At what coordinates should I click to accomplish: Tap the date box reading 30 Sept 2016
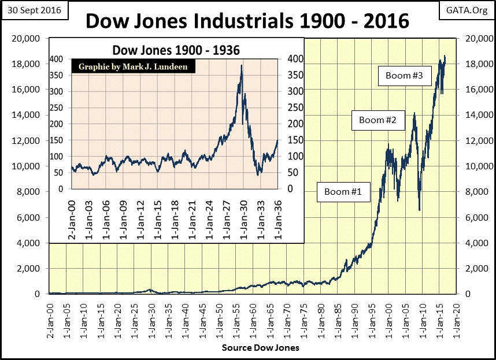click(35, 10)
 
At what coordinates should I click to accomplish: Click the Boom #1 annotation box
click(343, 191)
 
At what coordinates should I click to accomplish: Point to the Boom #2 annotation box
click(377, 120)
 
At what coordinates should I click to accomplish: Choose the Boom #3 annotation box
click(405, 76)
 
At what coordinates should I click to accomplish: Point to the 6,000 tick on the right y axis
click(472, 217)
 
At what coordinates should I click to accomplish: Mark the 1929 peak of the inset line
click(241, 65)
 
